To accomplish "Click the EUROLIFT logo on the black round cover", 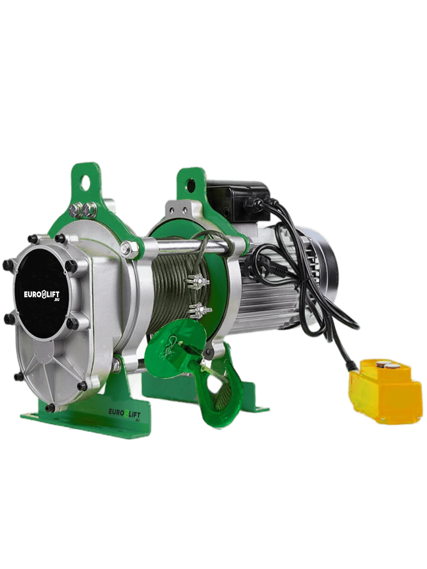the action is point(42,295).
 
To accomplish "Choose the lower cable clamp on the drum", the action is point(200,311).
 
